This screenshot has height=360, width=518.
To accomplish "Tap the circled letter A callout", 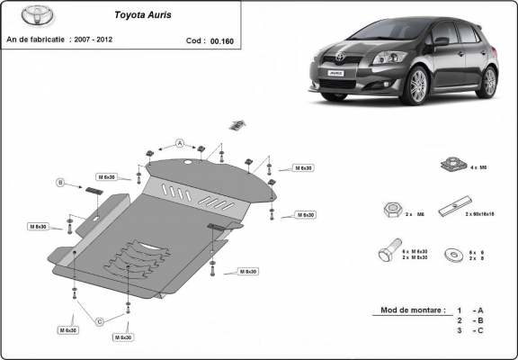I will [180, 143].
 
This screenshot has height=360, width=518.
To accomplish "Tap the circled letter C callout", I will [100, 321].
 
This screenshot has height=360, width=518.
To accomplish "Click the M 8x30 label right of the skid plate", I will [248, 271].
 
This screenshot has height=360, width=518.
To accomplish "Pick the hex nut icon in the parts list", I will [392, 210].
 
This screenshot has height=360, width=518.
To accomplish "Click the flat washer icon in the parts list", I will [450, 255].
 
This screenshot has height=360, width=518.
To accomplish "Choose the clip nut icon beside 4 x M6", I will [450, 165].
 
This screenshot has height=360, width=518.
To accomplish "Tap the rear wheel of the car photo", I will [488, 82].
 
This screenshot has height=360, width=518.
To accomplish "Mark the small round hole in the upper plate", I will [186, 163].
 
